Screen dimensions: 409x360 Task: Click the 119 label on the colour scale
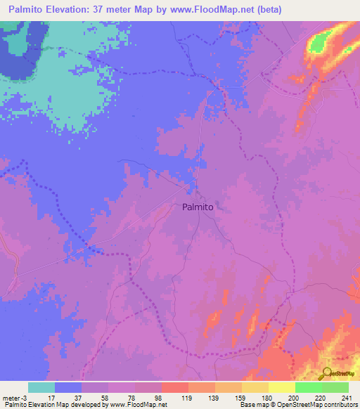tap(187, 397)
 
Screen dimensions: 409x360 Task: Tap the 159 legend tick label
tap(240, 397)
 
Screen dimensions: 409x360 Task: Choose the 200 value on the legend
tap(294, 397)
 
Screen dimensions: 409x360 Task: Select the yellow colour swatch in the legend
tap(281, 387)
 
